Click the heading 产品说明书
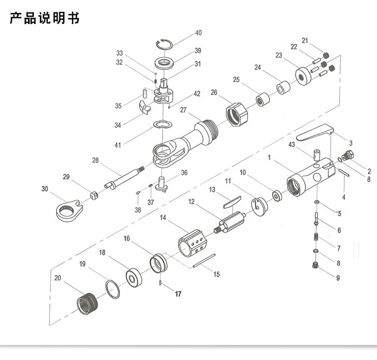coord(45,19)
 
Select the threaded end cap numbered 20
coord(87,302)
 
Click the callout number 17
coord(178,294)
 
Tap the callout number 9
coord(338,278)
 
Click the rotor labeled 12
coord(231,222)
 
